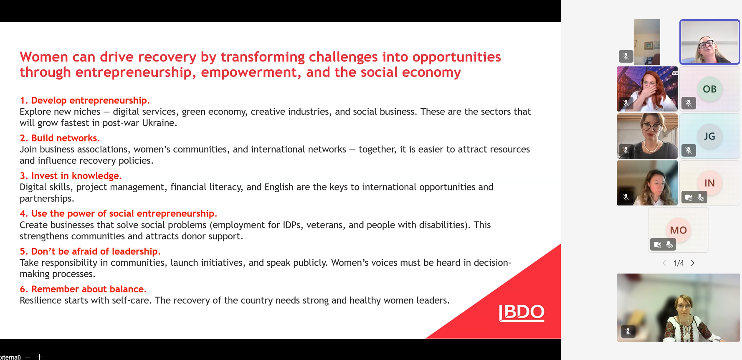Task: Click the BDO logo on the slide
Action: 522,313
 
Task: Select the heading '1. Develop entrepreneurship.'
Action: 85,100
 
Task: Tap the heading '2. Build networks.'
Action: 60,138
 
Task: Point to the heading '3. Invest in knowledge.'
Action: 71,176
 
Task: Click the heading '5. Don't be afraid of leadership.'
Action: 90,251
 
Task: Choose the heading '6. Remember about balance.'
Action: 83,289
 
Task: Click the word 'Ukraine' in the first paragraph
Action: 158,123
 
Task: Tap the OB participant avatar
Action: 709,89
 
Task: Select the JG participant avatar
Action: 709,136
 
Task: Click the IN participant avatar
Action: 709,183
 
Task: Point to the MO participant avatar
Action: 678,230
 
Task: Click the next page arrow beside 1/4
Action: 693,263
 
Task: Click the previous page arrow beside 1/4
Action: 664,263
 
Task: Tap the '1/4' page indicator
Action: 679,263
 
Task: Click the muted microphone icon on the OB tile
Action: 689,103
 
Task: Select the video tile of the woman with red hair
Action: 647,89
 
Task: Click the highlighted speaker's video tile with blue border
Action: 710,42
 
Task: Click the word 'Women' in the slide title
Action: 44,57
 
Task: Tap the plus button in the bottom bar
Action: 39,357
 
